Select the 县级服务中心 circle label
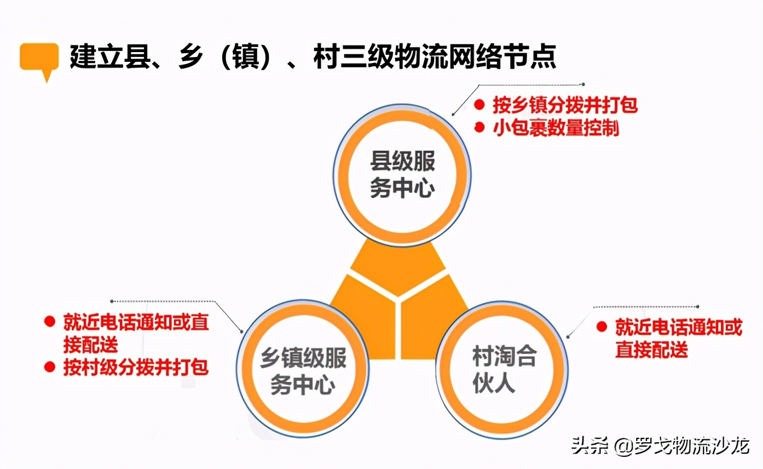pyautogui.click(x=402, y=174)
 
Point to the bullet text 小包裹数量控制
pyautogui.click(x=555, y=128)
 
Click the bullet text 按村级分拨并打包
pyautogui.click(x=136, y=367)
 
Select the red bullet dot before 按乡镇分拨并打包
pyautogui.click(x=479, y=104)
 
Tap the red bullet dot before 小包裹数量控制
pyautogui.click(x=479, y=128)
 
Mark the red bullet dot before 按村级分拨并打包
pyautogui.click(x=50, y=366)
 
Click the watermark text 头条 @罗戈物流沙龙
pyautogui.click(x=660, y=445)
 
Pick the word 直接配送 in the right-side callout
pyautogui.click(x=651, y=350)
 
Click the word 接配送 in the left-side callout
pyautogui.click(x=90, y=345)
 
